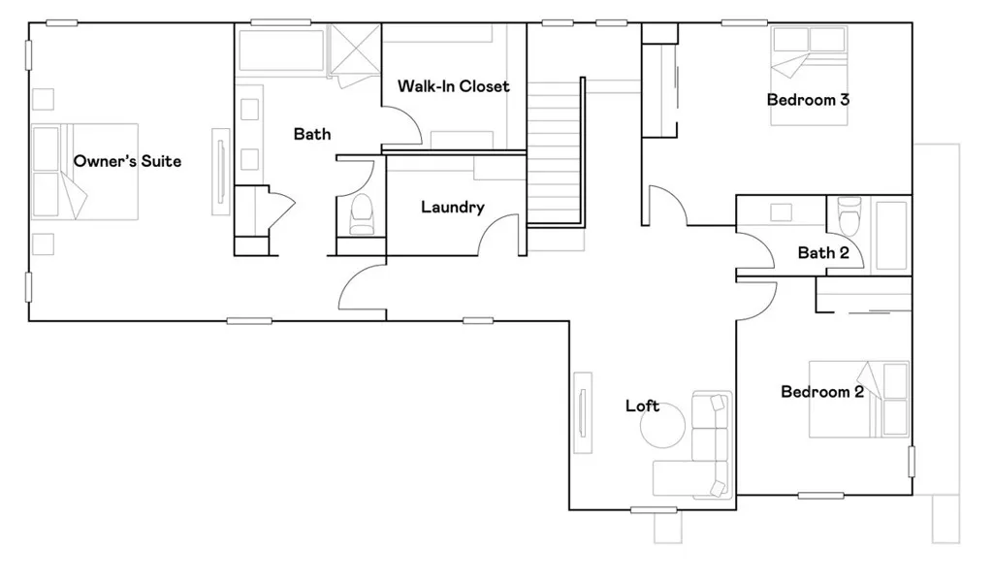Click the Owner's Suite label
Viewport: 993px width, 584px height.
point(127,161)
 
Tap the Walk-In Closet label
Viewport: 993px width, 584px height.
point(453,86)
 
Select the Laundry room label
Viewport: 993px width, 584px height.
point(452,207)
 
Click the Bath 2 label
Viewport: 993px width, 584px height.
point(823,253)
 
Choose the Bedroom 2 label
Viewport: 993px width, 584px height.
point(822,392)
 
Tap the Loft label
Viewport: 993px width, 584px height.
point(642,406)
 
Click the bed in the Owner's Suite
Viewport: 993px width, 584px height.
point(85,171)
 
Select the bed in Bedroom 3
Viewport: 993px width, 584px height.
point(809,76)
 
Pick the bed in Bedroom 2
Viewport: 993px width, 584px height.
point(859,399)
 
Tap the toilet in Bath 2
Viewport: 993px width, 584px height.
point(849,215)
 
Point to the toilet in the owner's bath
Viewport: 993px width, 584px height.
point(361,214)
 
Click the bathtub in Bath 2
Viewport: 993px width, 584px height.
point(891,235)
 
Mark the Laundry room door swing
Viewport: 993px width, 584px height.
point(502,237)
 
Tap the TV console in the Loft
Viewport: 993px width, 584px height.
point(583,411)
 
